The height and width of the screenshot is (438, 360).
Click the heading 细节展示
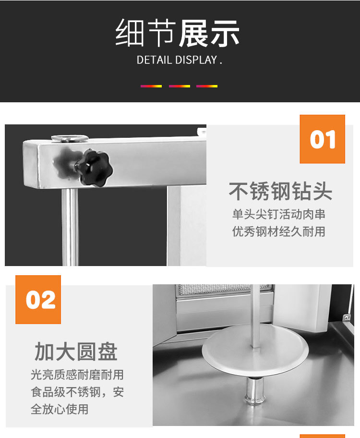tap(178, 34)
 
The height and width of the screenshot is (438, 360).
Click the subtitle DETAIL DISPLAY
tap(180, 61)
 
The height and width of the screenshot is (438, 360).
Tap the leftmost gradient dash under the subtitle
tap(151, 86)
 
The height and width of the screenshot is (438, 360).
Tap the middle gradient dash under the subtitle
tap(180, 86)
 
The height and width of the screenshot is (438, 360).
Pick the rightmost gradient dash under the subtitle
tap(207, 86)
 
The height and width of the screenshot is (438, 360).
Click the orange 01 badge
tap(323, 139)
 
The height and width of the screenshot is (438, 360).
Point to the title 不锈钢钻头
tap(280, 191)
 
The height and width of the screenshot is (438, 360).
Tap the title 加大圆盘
tap(76, 352)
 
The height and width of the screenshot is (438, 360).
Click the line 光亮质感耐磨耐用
tap(77, 375)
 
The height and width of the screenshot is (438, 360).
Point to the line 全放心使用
tap(60, 409)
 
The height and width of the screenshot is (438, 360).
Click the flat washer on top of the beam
tap(70, 138)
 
